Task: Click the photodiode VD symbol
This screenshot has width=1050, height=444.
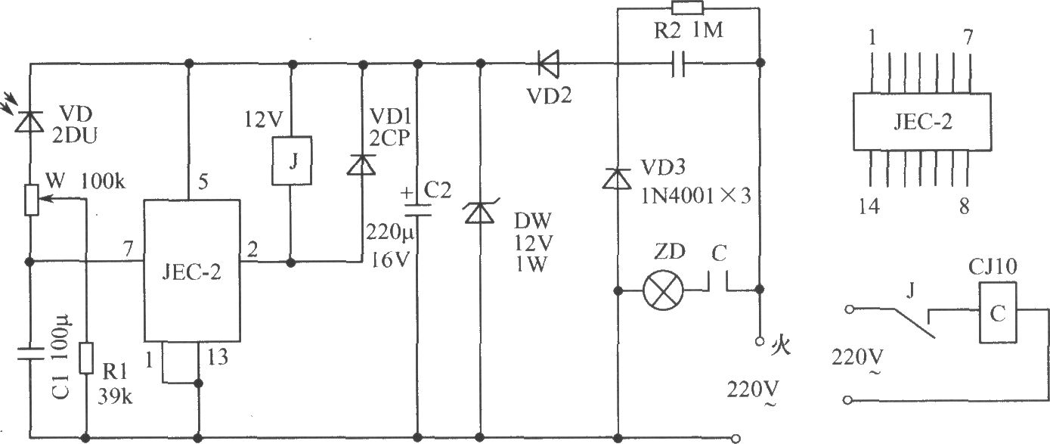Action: click(x=29, y=122)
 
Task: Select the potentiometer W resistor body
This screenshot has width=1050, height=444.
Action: click(x=31, y=200)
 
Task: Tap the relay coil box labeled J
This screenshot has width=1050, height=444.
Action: click(x=292, y=161)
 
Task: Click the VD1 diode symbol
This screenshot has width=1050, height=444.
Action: click(x=361, y=165)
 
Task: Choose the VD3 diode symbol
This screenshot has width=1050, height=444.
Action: click(x=617, y=179)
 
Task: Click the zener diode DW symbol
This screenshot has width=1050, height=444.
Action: click(x=480, y=212)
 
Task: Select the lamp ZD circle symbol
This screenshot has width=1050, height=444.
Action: click(x=663, y=290)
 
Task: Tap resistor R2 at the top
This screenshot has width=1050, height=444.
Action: click(x=687, y=8)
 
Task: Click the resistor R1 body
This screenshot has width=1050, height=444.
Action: click(x=86, y=358)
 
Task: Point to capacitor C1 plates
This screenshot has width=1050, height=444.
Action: click(x=30, y=353)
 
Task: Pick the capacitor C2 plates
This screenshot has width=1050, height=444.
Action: click(x=417, y=210)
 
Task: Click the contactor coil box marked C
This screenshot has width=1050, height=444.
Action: click(x=998, y=312)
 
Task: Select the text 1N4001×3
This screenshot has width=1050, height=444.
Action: click(x=695, y=195)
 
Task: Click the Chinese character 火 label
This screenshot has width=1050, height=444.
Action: click(x=780, y=345)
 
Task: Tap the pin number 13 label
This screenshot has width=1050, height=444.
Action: click(x=218, y=358)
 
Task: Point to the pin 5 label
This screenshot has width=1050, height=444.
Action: click(x=203, y=182)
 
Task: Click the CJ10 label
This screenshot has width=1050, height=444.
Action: click(x=993, y=267)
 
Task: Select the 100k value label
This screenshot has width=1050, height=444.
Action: click(x=103, y=181)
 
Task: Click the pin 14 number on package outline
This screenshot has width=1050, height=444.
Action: click(x=869, y=206)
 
